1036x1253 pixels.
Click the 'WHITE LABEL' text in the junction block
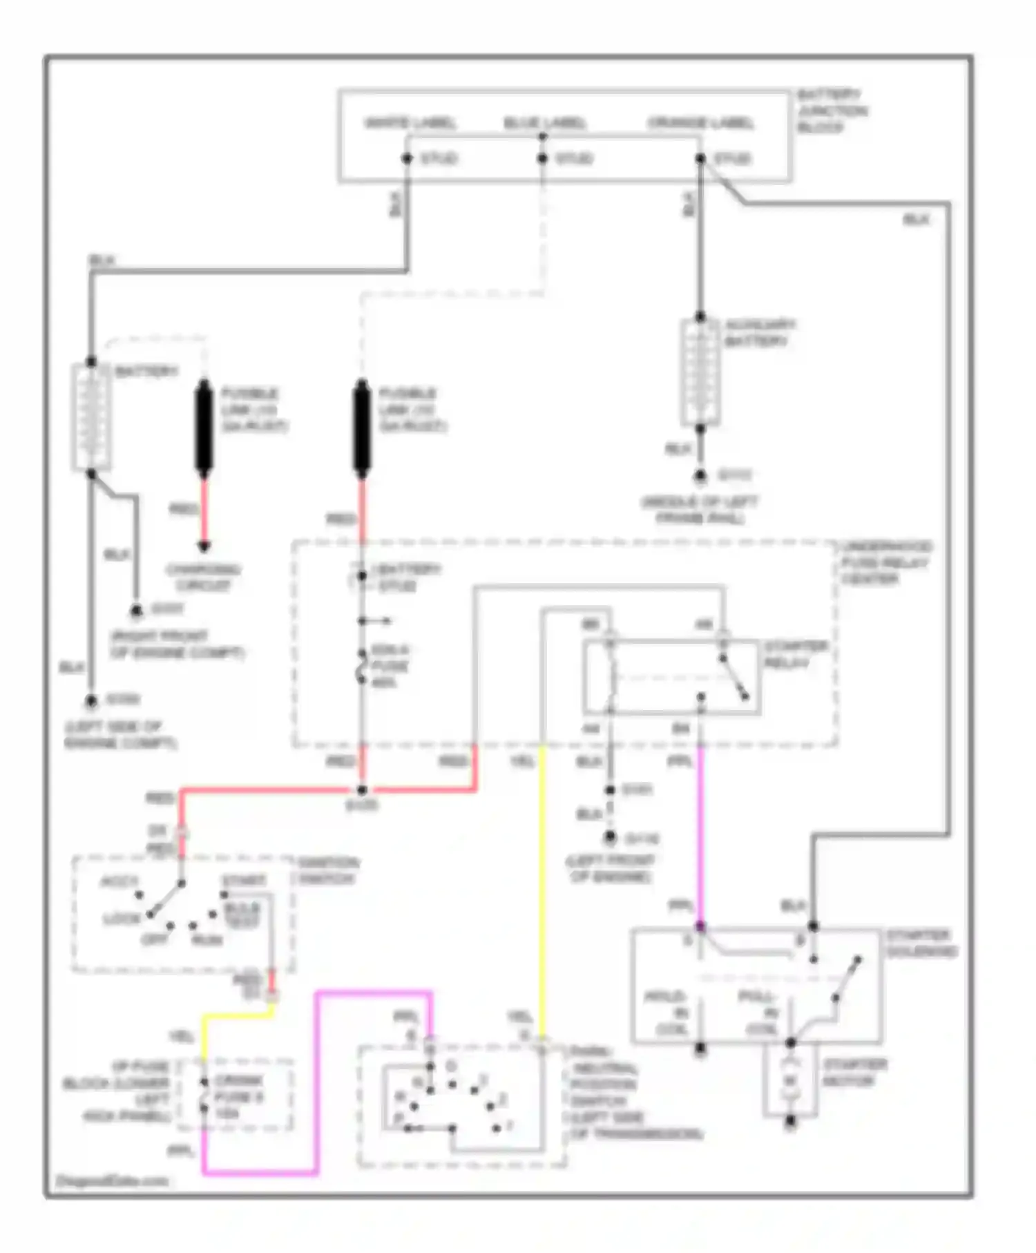(410, 123)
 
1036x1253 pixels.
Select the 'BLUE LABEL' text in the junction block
(544, 123)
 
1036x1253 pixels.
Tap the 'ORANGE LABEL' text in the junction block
(700, 123)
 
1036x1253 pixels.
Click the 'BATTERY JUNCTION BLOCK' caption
(831, 111)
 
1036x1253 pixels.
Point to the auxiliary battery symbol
(700, 373)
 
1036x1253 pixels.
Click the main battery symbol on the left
(91, 418)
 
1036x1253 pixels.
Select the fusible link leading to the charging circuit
(204, 428)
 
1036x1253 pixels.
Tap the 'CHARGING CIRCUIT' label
(203, 577)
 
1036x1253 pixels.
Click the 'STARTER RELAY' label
(795, 654)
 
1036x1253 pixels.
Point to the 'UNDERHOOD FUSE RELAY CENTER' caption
(886, 562)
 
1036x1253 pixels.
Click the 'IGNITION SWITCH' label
(327, 870)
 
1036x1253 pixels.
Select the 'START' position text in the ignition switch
(244, 881)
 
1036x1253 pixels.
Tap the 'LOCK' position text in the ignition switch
(122, 919)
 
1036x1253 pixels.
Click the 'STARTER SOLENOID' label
(921, 943)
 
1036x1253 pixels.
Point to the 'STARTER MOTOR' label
(854, 1072)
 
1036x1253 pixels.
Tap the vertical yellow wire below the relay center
(542, 891)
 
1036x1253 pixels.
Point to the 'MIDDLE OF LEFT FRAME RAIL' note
(699, 510)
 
